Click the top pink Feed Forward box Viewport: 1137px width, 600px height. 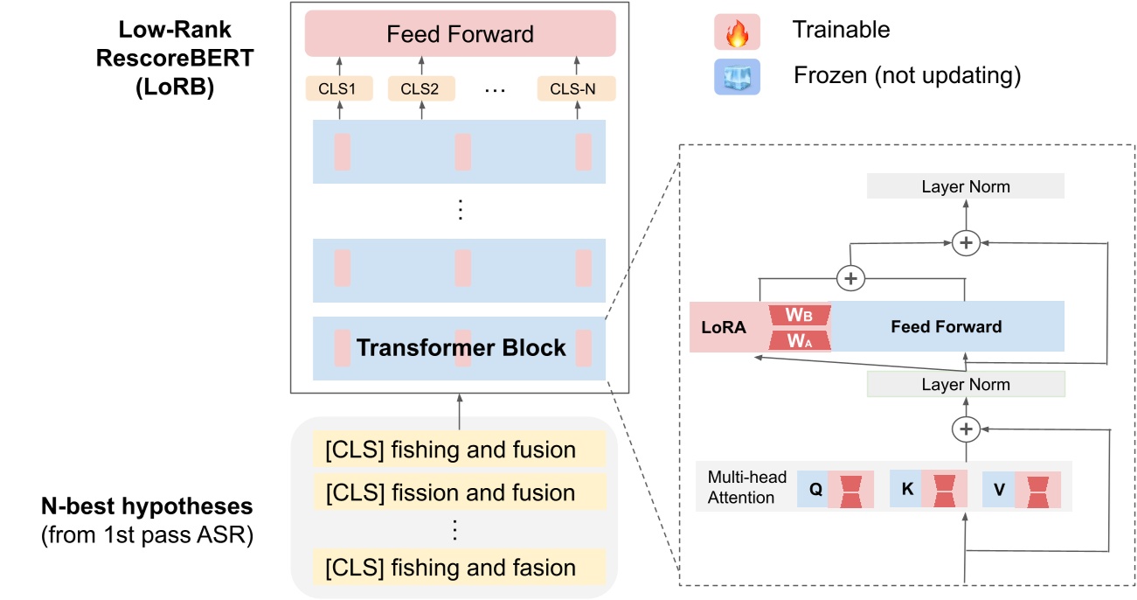(x=460, y=35)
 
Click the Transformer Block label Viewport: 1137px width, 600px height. (x=461, y=347)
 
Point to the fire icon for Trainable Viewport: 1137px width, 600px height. (x=737, y=31)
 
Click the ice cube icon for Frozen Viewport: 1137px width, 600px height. (x=737, y=76)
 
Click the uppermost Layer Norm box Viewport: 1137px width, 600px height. (x=965, y=186)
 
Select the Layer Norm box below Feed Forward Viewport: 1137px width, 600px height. (x=965, y=384)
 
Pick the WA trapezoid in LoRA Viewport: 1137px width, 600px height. (x=800, y=339)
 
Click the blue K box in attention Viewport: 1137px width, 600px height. (x=906, y=490)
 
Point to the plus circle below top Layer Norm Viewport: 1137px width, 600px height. (x=966, y=242)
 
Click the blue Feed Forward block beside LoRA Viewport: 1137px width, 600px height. (x=946, y=326)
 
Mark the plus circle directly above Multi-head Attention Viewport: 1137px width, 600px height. (x=966, y=429)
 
